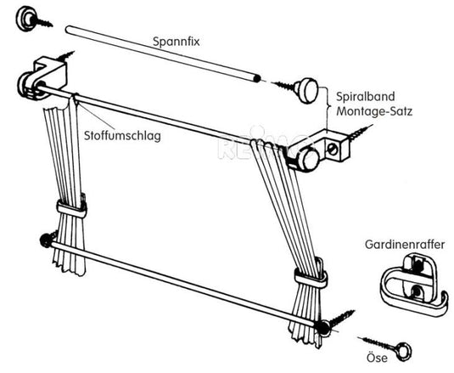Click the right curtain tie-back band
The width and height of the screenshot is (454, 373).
(311, 277)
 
